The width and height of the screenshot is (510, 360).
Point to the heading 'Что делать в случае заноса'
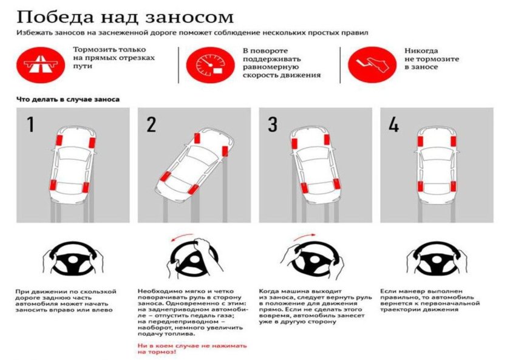tap(67, 98)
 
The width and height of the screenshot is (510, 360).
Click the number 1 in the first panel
tap(30, 124)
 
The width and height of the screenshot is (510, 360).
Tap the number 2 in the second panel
tap(151, 124)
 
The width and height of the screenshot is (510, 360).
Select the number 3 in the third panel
tap(273, 124)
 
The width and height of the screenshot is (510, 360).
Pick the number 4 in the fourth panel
tap(393, 124)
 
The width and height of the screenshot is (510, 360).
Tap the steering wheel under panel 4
tap(437, 260)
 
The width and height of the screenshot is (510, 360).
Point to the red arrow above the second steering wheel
tap(186, 237)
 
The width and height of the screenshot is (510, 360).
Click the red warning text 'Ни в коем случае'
tap(192, 348)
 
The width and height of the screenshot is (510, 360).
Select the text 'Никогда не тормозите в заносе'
tap(431, 59)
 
